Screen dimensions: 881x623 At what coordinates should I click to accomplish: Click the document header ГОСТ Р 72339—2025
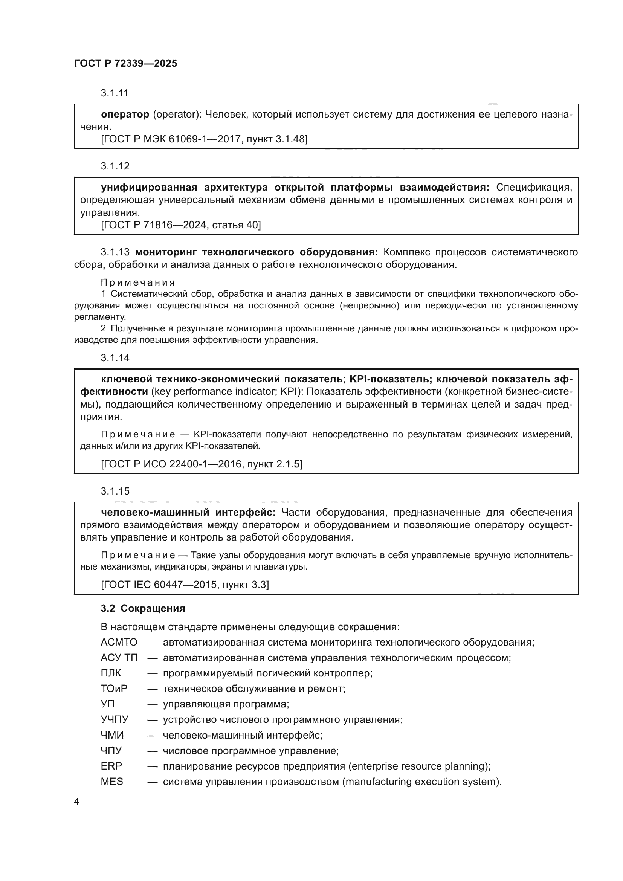125,63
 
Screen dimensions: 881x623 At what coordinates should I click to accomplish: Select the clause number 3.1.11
115,93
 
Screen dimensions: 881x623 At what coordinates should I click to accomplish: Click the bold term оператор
125,115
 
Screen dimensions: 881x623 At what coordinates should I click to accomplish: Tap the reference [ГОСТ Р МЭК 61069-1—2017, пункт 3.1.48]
204,139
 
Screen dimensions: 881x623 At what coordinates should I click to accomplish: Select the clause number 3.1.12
115,166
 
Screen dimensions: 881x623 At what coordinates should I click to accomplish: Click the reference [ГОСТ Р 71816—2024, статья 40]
181,225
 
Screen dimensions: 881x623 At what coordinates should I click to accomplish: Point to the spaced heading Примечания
138,282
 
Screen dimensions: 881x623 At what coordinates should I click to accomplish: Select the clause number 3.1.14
115,358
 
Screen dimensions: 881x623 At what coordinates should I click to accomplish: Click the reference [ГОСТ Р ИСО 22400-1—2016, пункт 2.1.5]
202,464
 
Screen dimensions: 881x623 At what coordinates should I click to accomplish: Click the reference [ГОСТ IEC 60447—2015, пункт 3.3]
185,585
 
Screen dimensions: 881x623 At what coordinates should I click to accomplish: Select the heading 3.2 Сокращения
143,609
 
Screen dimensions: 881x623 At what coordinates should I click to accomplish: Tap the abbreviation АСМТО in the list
119,642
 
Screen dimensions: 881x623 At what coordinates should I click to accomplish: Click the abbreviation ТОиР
114,689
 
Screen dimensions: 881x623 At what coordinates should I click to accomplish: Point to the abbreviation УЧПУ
115,719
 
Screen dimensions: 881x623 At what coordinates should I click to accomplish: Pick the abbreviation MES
111,782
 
